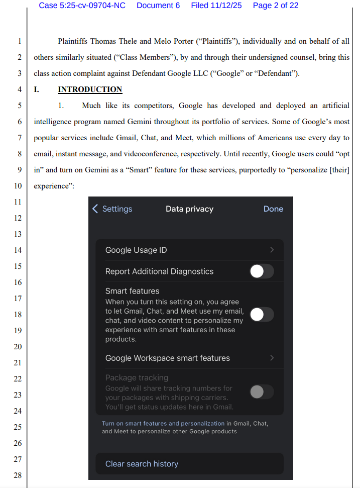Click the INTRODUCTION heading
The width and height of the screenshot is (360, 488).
tap(90, 89)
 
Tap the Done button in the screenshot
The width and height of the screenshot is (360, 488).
tap(273, 209)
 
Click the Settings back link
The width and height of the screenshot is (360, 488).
tap(112, 209)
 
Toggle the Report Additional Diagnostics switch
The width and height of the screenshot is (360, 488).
tap(262, 271)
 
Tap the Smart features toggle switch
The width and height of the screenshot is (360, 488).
tap(262, 315)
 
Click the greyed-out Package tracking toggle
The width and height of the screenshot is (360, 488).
tap(262, 392)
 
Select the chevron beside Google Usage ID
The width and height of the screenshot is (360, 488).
tap(272, 250)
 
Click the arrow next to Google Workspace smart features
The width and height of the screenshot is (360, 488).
tap(272, 358)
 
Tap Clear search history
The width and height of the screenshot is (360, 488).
tap(142, 464)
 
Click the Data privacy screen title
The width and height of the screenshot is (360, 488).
tap(189, 209)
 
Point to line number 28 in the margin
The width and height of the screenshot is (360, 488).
tap(18, 475)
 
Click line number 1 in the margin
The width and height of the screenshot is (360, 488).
tap(19, 41)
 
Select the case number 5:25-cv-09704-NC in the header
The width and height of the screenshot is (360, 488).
tap(93, 6)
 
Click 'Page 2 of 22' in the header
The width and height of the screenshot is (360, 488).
tap(276, 6)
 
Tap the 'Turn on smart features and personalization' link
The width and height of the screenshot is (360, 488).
tap(163, 424)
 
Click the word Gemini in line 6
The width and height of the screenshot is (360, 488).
tap(139, 122)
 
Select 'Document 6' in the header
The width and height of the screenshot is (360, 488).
tap(158, 6)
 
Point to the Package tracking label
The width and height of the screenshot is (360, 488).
tap(137, 377)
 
